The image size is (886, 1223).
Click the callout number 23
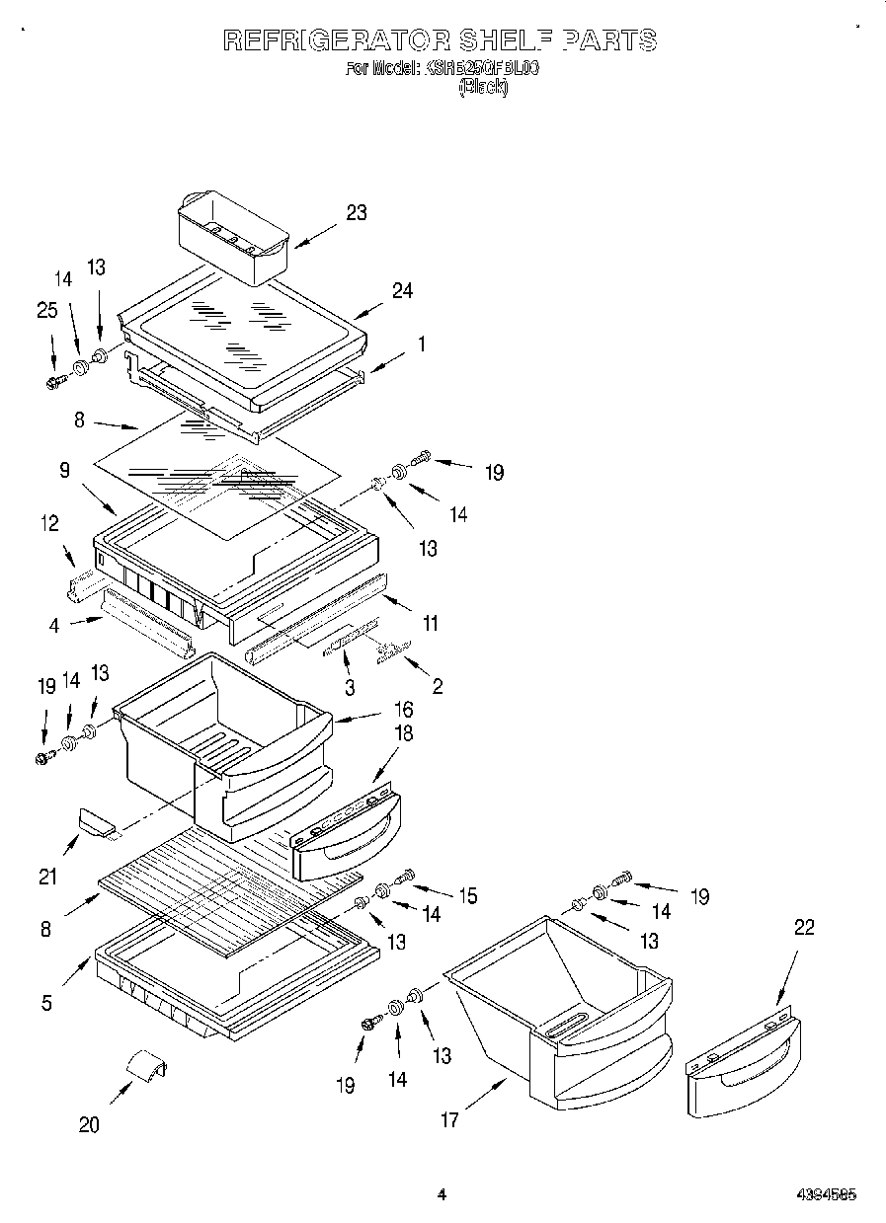click(357, 212)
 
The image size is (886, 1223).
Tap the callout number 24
click(402, 290)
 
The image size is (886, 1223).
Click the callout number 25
click(46, 310)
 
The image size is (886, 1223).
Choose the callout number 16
click(403, 709)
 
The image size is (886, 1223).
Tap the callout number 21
click(47, 875)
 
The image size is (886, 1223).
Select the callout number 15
click(467, 895)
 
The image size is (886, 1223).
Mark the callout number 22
click(805, 927)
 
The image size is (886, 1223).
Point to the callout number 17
click(449, 1120)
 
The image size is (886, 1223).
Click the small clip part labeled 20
click(145, 1068)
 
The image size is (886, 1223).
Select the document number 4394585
click(826, 1194)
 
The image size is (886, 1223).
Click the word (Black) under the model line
click(483, 87)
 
